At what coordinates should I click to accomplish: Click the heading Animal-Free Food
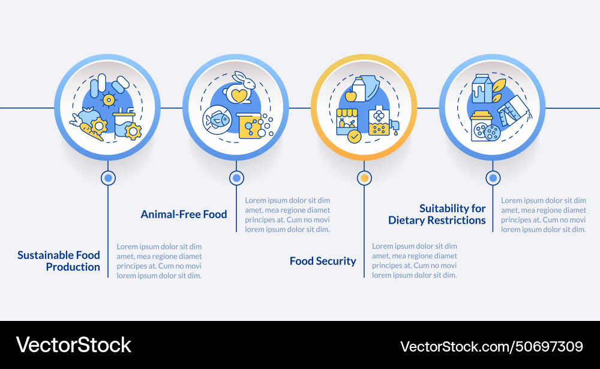(184, 214)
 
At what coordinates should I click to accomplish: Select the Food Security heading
(323, 261)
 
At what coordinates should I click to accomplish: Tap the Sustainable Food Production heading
(59, 261)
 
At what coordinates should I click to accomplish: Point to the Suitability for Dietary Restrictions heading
(437, 214)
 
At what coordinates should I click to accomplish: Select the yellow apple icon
(351, 96)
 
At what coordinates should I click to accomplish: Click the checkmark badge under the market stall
(355, 136)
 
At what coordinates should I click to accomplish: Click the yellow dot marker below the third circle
(364, 178)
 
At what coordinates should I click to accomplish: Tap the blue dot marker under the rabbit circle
(236, 178)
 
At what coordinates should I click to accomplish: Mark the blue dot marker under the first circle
(108, 178)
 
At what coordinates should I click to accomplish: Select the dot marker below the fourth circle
(493, 178)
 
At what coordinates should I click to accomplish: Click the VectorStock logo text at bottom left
(73, 345)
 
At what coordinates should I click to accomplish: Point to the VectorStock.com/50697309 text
(491, 346)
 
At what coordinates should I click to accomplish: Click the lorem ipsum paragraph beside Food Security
(415, 261)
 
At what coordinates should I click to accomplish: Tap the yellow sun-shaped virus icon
(108, 99)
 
